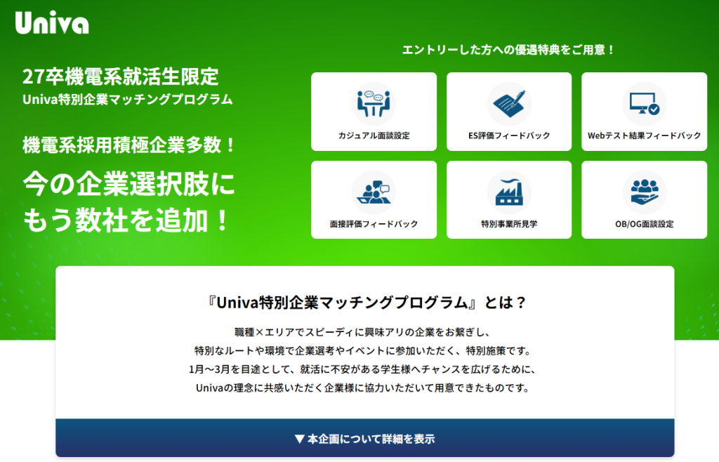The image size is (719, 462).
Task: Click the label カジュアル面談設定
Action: click(x=374, y=136)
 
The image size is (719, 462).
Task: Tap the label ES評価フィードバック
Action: click(x=509, y=136)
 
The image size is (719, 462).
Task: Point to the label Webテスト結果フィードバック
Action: click(x=644, y=136)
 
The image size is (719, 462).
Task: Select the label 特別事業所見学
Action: click(x=509, y=224)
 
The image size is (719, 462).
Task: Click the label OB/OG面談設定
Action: click(x=644, y=224)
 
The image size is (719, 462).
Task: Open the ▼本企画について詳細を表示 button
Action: click(x=365, y=439)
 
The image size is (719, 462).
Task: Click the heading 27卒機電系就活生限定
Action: click(x=121, y=77)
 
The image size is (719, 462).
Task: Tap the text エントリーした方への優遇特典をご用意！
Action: click(x=509, y=50)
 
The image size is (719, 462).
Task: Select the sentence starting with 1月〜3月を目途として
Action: click(x=365, y=369)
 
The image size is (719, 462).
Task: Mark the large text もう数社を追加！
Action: click(x=127, y=220)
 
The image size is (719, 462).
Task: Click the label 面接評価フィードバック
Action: click(x=374, y=224)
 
